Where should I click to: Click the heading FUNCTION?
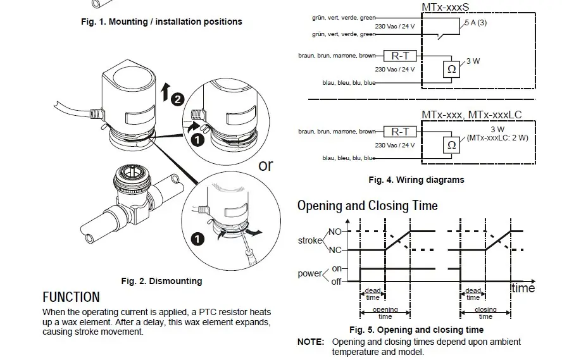pos(71,297)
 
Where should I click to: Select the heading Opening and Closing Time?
pos(367,206)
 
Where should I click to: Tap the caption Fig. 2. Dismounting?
pos(161,281)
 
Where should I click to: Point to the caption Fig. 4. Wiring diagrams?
pos(416,180)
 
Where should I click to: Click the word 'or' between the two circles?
pos(266,165)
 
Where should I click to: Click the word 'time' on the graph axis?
pos(523,288)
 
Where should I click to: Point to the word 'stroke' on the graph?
pos(309,241)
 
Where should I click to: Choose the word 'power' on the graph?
pos(309,274)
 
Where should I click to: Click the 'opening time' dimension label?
pos(385,313)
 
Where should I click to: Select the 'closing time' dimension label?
pos(485,313)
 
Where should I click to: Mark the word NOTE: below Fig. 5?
pos(311,342)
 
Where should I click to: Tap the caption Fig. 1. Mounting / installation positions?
pos(161,22)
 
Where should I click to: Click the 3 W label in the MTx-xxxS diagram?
pos(473,61)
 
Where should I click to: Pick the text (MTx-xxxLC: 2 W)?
pos(497,137)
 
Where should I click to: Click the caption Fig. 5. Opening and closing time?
pos(416,330)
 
